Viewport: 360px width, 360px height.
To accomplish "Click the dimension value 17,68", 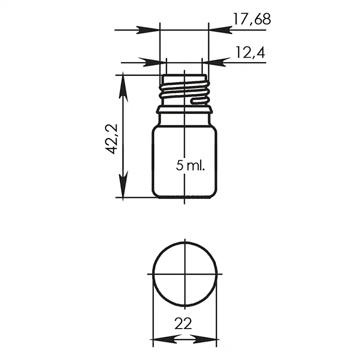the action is pos(252,19).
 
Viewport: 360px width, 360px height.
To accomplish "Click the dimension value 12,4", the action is pos(250,53).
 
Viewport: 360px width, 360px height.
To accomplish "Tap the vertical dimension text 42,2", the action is pos(112,139).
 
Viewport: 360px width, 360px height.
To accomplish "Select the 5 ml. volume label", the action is pos(190,165).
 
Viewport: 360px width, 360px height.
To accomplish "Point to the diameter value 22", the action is pos(183,324).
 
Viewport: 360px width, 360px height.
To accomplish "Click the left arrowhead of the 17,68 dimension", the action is pos(148,30).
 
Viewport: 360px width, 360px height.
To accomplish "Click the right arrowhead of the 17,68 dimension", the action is pos(220,30).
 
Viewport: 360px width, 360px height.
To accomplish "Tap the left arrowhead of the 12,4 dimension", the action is pos(155,62).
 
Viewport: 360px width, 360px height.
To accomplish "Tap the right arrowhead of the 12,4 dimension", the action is pos(213,62).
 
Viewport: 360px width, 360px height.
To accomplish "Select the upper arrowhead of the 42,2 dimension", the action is pos(123,86).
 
